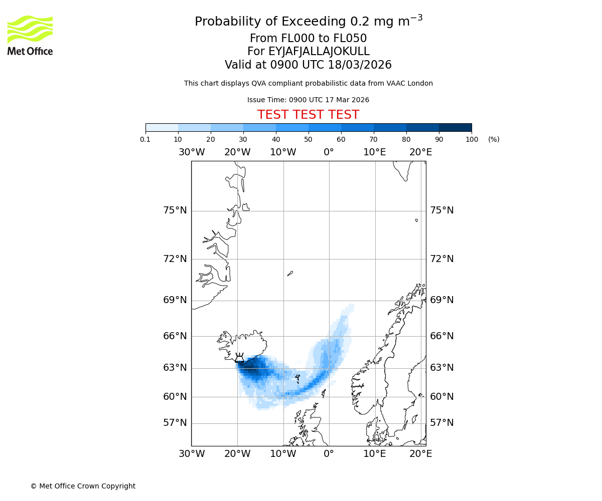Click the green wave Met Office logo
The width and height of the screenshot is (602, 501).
tap(30, 29)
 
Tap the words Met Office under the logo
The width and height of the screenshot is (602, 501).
tap(30, 51)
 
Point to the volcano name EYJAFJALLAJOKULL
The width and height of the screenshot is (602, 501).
tap(319, 52)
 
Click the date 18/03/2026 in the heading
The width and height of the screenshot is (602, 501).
tap(360, 65)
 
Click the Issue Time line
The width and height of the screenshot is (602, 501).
tap(308, 100)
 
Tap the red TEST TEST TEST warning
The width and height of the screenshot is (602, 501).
tap(308, 115)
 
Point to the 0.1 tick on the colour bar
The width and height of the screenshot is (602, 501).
tap(145, 139)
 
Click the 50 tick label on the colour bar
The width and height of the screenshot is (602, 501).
tap(309, 139)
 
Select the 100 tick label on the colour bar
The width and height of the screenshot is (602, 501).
tap(472, 139)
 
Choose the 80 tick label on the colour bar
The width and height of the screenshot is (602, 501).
tap(406, 139)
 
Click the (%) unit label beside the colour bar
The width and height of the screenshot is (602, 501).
tap(494, 139)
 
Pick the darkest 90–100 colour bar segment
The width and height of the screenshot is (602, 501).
tap(455, 127)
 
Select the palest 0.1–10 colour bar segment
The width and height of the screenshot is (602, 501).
tap(162, 127)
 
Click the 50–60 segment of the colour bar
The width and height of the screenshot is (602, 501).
tap(325, 127)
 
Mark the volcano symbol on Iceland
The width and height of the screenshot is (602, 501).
tap(240, 358)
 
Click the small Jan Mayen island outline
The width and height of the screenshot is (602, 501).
tap(290, 274)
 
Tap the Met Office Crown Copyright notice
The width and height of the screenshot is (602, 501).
tap(83, 486)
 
